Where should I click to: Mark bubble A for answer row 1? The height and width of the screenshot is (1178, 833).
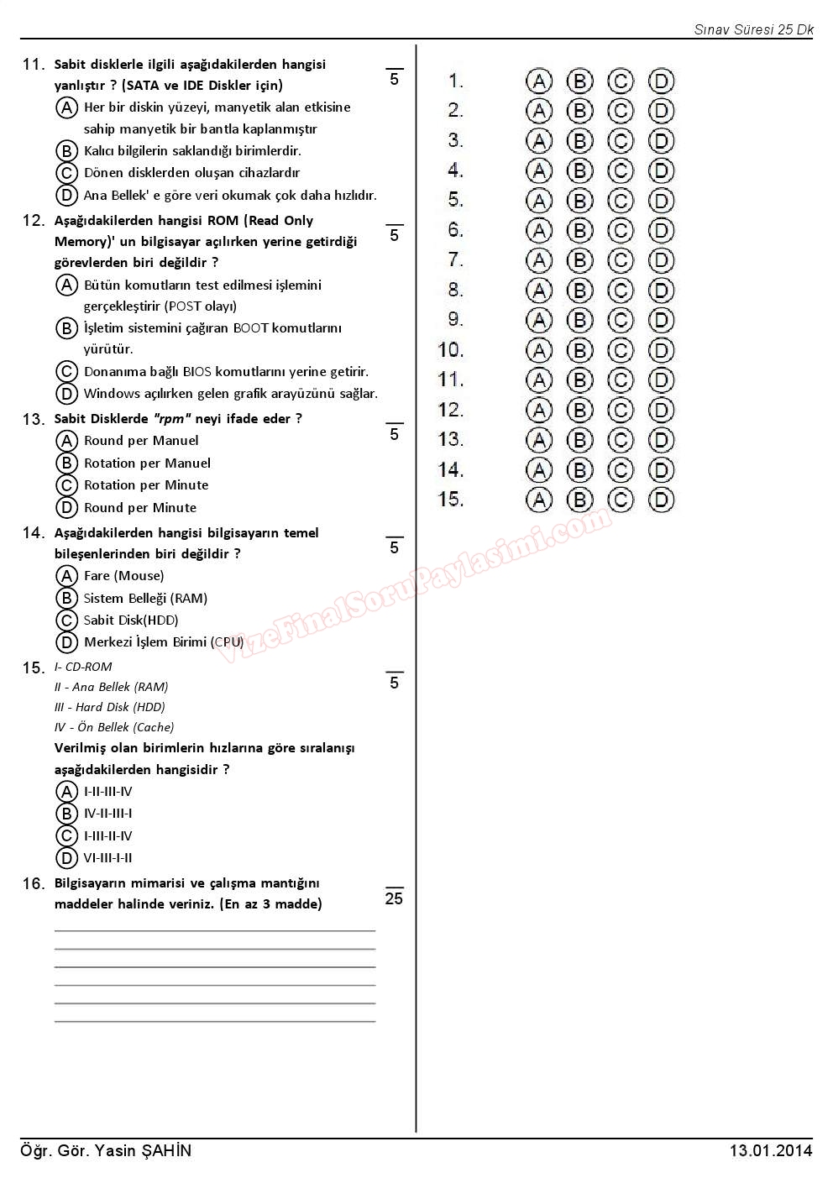pyautogui.click(x=539, y=81)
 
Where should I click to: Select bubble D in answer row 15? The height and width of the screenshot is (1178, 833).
pyautogui.click(x=662, y=500)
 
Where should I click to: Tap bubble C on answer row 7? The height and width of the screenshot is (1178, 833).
pyautogui.click(x=621, y=260)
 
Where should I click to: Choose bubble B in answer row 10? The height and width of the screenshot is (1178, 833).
pyautogui.click(x=579, y=350)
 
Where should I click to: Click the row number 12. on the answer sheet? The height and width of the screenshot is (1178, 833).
pyautogui.click(x=451, y=410)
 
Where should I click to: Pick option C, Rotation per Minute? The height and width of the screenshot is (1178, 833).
pyautogui.click(x=66, y=485)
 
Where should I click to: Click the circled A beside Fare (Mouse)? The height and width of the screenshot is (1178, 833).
pyautogui.click(x=66, y=576)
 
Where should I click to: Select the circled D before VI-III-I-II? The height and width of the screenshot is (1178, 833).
pyautogui.click(x=66, y=858)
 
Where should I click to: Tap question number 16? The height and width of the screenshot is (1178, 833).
pyautogui.click(x=33, y=883)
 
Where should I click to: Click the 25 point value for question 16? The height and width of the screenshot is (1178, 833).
pyautogui.click(x=394, y=898)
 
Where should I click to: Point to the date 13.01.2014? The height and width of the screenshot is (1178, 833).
pyautogui.click(x=771, y=1150)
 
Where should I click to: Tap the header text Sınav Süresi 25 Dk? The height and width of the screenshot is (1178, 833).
pyautogui.click(x=753, y=29)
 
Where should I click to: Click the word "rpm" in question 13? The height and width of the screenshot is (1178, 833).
pyautogui.click(x=171, y=419)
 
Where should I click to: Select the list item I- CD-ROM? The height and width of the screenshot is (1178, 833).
pyautogui.click(x=83, y=667)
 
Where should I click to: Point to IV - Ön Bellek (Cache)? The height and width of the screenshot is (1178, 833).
pyautogui.click(x=114, y=727)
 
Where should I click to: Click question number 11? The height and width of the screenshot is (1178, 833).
pyautogui.click(x=33, y=65)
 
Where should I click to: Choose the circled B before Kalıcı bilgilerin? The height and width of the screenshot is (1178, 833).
pyautogui.click(x=66, y=151)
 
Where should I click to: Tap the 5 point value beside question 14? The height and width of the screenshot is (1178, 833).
pyautogui.click(x=394, y=547)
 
